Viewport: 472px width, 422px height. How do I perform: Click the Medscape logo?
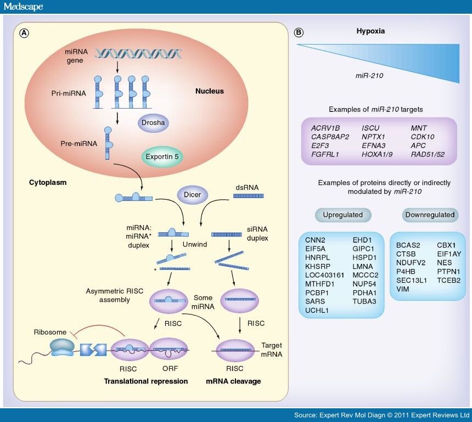pyautogui.click(x=23, y=7)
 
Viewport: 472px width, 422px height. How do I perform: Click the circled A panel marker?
pyautogui.click(x=24, y=33)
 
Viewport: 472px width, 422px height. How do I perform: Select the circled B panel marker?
pyautogui.click(x=299, y=32)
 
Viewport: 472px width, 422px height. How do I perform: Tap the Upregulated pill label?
pyautogui.click(x=343, y=214)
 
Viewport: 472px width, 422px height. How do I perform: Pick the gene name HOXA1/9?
pyautogui.click(x=377, y=155)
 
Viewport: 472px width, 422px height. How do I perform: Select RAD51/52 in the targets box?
pyautogui.click(x=427, y=155)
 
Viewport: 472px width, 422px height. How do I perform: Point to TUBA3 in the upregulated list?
pyautogui.click(x=363, y=301)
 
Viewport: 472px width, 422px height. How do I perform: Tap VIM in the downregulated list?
pyautogui.click(x=403, y=289)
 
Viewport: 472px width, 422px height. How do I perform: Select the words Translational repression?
pyautogui.click(x=146, y=381)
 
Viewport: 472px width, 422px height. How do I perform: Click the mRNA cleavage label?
pyautogui.click(x=233, y=381)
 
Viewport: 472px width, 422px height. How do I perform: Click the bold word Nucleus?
pyautogui.click(x=210, y=91)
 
